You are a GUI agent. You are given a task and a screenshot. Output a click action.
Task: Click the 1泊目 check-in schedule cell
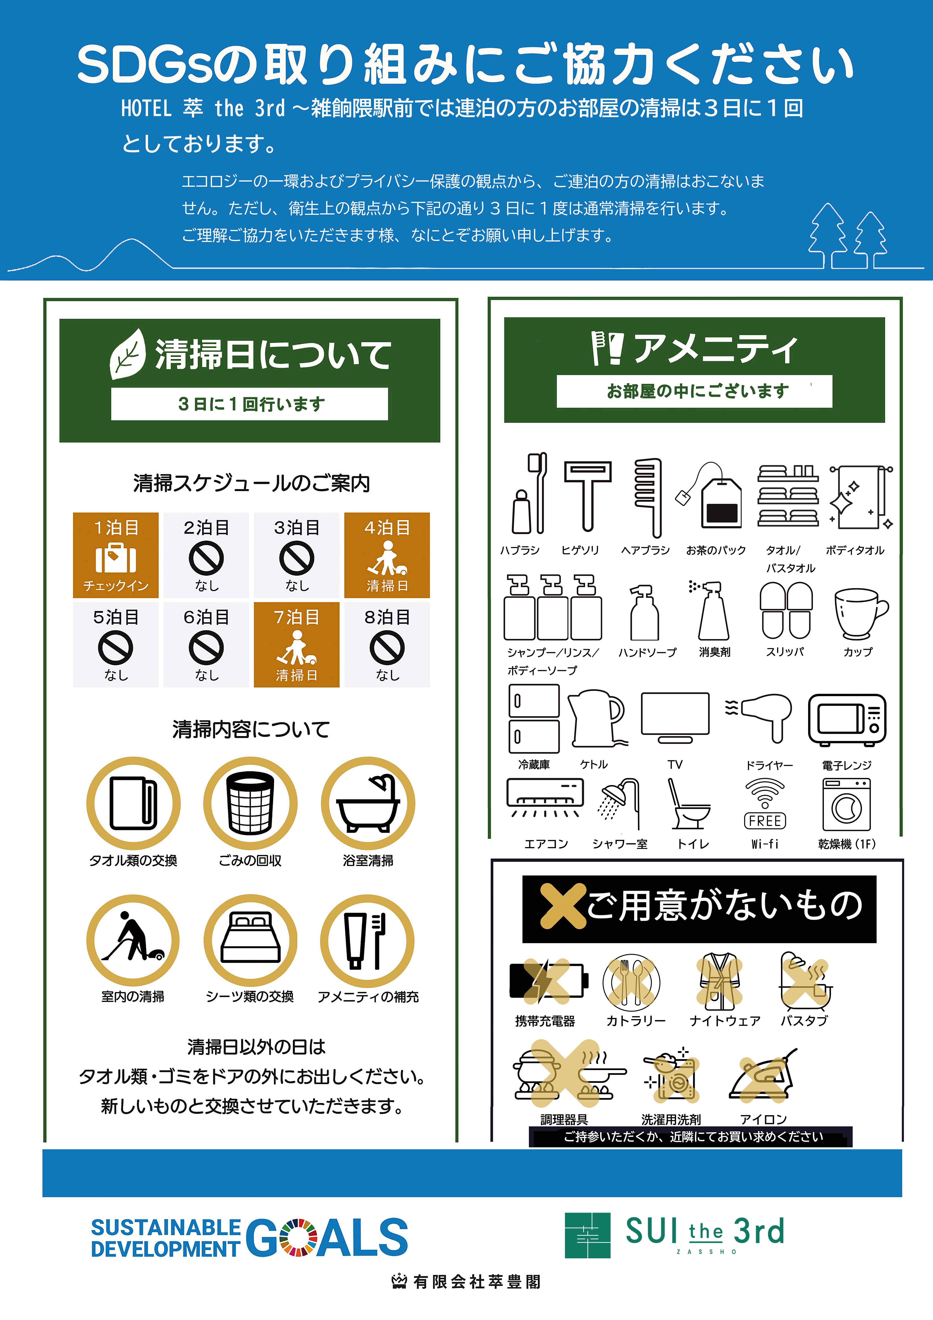click(x=116, y=555)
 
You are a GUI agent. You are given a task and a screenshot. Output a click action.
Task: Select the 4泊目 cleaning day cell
click(x=387, y=555)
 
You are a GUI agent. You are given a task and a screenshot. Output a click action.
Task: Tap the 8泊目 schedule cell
click(x=387, y=644)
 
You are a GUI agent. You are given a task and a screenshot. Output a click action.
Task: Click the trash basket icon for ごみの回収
click(x=250, y=803)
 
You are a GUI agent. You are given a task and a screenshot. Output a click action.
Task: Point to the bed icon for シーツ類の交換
click(x=250, y=939)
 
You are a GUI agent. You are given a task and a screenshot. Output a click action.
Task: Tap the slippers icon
click(x=786, y=611)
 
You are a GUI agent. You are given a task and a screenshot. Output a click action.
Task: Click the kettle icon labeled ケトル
click(x=596, y=719)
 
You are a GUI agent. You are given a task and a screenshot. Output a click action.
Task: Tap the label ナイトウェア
click(x=725, y=1020)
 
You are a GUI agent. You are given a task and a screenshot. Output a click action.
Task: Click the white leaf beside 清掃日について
click(x=128, y=354)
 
